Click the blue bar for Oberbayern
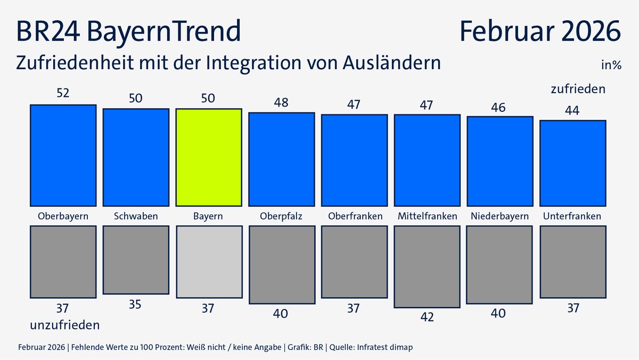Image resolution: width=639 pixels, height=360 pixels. coord(63,156)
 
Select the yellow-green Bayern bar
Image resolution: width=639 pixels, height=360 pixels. coord(209,157)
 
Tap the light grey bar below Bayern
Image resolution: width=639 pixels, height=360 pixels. coord(209,261)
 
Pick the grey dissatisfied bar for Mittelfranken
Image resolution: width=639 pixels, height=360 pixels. coord(427,266)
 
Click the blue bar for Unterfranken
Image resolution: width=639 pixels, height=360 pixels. coord(572,163)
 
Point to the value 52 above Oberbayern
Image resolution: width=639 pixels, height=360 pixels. coord(63,93)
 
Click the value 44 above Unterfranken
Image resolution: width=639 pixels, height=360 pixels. coord(572,110)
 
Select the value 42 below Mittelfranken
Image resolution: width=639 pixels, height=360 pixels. coord(427,317)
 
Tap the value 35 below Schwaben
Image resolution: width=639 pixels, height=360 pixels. coord(136,305)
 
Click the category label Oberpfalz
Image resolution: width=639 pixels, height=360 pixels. coord(281,216)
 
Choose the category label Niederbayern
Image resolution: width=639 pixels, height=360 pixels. coord(499,216)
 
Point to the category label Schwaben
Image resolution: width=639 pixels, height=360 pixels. coord(136,216)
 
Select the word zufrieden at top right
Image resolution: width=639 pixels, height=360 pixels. coord(578,89)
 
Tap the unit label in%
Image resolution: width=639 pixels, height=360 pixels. coord(611,66)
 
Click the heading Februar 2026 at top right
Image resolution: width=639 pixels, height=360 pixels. coord(540,31)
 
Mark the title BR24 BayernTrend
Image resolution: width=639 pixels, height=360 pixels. coord(128,31)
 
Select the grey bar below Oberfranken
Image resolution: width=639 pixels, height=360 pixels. coord(354,261)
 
